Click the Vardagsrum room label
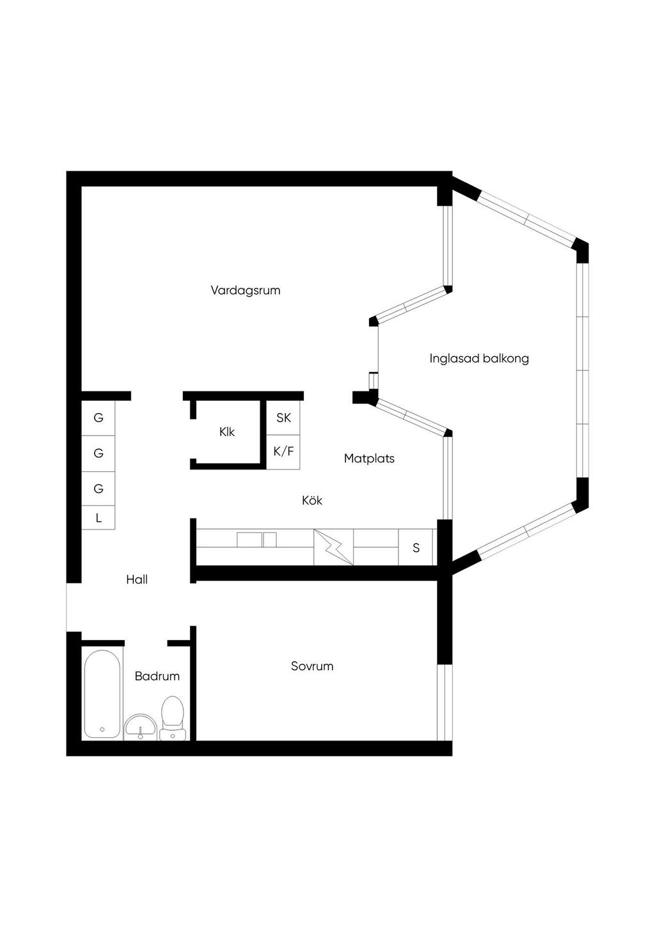coord(246,290)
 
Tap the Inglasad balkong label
coord(479,358)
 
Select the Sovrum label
coord(312,666)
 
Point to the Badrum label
coord(157,676)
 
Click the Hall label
coord(137,579)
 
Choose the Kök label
coord(312,500)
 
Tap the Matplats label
coord(369,459)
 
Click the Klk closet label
coord(227,432)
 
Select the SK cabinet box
coord(283,418)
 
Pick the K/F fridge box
coord(283,452)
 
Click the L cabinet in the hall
coord(99,518)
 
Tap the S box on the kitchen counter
coord(416,547)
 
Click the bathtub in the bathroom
coord(102,694)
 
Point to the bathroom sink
coord(141,726)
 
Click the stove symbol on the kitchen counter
coord(333,547)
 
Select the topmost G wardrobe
coord(99,418)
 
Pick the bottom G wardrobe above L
coord(99,489)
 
